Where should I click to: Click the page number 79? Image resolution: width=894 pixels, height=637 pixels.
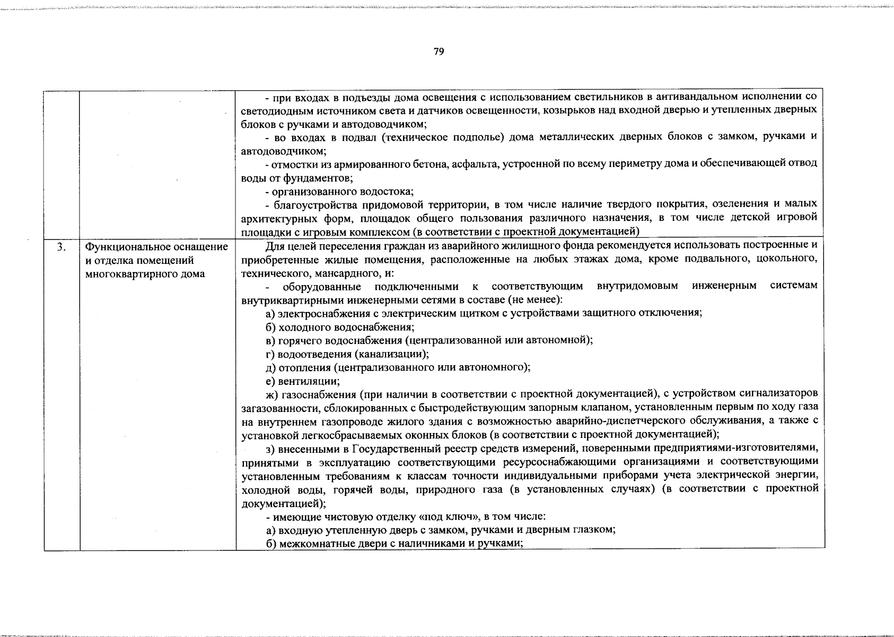[439, 51]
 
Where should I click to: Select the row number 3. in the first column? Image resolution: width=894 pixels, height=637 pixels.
[62, 247]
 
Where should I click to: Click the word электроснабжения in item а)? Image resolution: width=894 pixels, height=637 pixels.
[322, 313]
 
